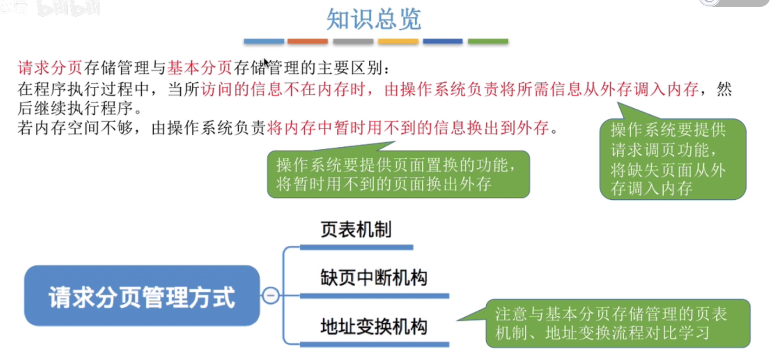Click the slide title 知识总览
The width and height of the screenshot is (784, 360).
coord(373,19)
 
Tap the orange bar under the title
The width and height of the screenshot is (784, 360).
coord(307,41)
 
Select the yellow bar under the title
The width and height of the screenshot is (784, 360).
coord(398,41)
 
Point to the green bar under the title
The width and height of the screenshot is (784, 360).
coord(488,41)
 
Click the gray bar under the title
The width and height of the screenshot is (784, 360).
coord(353,41)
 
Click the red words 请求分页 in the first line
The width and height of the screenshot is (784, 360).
coord(50,68)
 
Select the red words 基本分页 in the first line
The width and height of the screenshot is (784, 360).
coord(200,68)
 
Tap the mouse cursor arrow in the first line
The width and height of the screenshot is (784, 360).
coord(266,63)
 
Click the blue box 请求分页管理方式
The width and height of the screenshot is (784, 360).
coord(142,296)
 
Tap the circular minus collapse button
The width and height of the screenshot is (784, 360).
coord(271,295)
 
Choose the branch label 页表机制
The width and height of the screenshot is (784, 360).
coord(356,229)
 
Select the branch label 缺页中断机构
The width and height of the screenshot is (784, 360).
coord(373,278)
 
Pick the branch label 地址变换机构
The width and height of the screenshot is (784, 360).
coord(373,327)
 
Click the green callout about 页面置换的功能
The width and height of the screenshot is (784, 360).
coord(398,175)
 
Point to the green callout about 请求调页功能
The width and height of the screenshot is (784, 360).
coord(672,159)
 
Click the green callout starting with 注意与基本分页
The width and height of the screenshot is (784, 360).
coord(617,323)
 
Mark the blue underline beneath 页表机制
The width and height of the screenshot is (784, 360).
coord(356,247)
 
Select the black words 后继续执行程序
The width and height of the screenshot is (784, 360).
coord(79,108)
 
